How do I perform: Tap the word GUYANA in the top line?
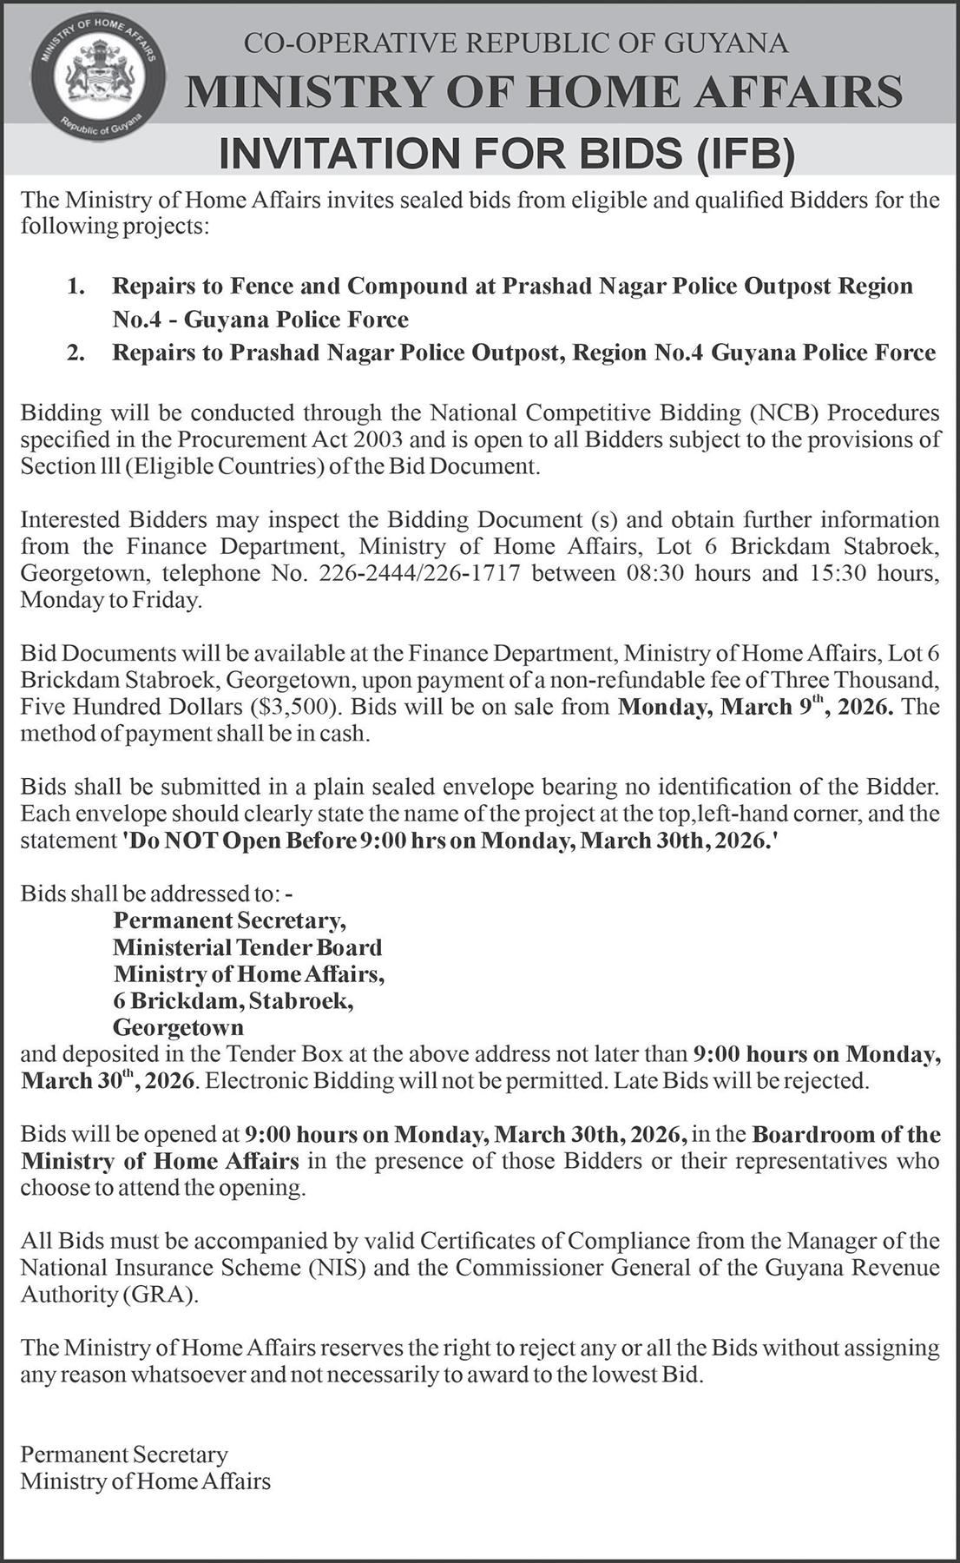(x=727, y=43)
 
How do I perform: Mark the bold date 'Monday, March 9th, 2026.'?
(x=756, y=705)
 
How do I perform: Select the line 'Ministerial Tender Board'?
(x=247, y=946)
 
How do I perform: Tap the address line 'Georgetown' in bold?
(x=178, y=1027)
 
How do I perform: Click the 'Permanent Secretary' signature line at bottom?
(x=124, y=1454)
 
